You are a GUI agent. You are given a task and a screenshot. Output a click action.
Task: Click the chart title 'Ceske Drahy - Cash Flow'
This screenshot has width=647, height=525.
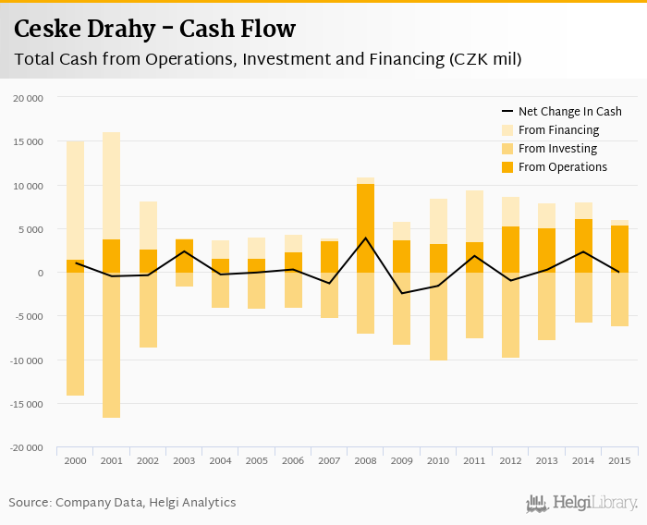(155, 29)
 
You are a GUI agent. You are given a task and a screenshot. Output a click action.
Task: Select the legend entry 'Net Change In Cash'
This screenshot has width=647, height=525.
(569, 112)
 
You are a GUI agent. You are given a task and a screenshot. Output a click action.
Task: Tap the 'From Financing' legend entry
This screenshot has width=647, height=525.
(558, 130)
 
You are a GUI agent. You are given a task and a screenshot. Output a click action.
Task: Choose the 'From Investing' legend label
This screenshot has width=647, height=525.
(557, 149)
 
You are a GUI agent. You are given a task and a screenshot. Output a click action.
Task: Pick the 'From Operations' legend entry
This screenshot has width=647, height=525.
(562, 167)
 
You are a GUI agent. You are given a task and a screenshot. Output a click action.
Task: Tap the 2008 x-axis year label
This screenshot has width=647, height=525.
(366, 459)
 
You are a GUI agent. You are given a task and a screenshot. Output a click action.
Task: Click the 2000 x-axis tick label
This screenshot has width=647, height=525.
(75, 459)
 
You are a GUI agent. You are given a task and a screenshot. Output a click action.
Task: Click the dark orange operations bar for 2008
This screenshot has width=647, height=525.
(366, 228)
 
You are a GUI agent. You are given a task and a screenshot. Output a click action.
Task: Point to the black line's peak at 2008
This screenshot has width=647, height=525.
(366, 238)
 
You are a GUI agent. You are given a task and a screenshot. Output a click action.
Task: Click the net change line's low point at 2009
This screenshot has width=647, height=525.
(402, 293)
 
